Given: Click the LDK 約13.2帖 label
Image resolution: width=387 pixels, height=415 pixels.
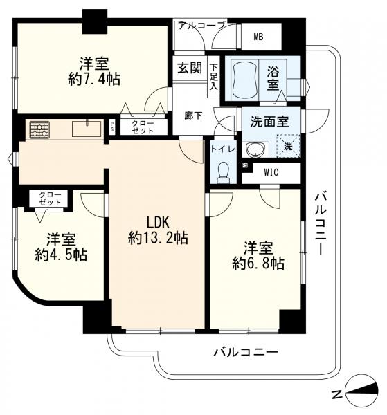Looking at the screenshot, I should point(158,231).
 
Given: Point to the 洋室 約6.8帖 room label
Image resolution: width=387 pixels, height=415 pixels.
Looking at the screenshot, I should point(258,255).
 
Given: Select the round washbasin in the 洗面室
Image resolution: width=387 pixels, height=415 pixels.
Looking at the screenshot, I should point(258,147).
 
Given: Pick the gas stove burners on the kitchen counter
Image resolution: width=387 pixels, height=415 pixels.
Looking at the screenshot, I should point(39,129).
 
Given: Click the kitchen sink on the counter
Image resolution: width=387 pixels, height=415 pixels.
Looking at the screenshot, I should point(87,127).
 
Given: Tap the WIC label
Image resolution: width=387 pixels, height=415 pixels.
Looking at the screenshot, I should point(271,173).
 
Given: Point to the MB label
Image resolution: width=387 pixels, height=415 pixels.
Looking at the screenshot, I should point(258,37).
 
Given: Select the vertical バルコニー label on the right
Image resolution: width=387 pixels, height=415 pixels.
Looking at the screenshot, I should point(320,223).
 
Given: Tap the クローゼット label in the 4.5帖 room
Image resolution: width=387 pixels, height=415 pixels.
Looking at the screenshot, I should point(49,199).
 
